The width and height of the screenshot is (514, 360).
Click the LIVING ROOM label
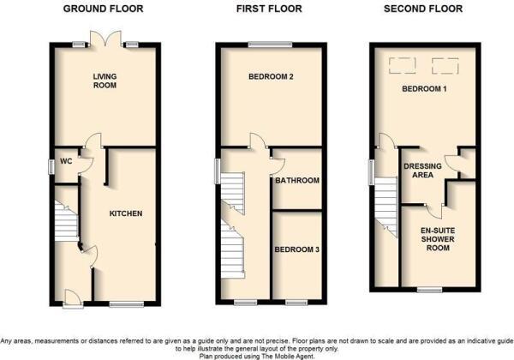click(105, 81)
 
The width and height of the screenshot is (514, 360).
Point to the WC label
click(65, 160)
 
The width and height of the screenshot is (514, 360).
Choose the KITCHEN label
click(125, 213)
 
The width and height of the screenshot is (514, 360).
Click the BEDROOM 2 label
click(271, 77)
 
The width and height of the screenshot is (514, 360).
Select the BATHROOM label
click(296, 181)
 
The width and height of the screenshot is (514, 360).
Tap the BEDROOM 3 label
click(296, 249)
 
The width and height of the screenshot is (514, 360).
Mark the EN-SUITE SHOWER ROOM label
click(437, 240)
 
